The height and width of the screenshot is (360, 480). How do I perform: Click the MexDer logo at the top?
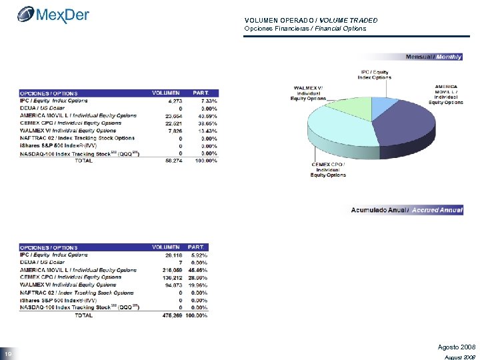click(54, 14)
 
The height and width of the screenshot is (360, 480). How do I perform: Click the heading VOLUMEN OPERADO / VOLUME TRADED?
click(301, 21)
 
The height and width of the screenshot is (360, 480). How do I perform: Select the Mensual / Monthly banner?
click(433, 57)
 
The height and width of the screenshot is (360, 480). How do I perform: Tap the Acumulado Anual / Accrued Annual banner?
click(407, 210)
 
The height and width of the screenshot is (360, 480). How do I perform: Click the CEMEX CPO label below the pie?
click(328, 170)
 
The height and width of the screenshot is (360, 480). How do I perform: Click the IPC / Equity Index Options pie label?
click(375, 75)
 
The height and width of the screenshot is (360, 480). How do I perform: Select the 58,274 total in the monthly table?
click(171, 161)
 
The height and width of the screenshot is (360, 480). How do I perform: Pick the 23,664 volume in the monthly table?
click(171, 115)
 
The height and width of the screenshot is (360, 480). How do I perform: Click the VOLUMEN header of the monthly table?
click(166, 93)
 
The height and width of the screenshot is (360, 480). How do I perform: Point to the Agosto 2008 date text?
click(456, 347)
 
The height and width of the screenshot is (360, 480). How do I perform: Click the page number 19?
click(7, 353)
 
